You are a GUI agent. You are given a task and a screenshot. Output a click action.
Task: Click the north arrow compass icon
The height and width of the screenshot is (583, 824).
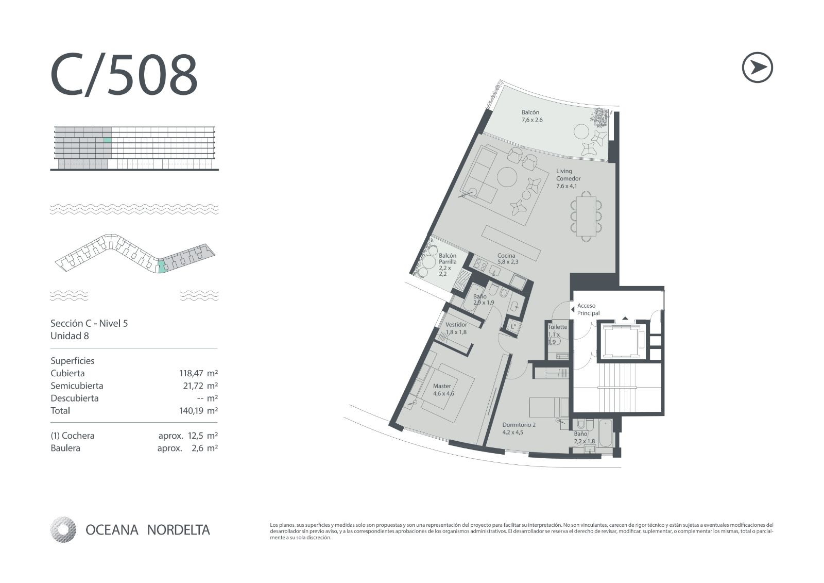758,68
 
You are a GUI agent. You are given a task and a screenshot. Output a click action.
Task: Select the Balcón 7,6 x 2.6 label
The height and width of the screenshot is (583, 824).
532,116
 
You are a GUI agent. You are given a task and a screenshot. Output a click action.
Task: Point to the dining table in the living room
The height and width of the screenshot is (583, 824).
586,216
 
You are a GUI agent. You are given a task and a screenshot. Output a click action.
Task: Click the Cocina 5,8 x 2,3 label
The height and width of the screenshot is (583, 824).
508,259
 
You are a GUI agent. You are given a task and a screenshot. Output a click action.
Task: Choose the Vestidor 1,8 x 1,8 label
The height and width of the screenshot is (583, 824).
456,328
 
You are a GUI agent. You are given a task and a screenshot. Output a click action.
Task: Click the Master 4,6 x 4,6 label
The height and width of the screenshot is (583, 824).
443,389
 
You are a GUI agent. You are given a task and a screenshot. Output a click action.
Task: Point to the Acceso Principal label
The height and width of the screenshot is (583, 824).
588,309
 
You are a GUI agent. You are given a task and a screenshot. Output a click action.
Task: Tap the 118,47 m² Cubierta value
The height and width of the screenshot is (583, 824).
198,373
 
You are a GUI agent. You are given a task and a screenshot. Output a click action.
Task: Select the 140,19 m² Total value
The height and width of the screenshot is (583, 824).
198,411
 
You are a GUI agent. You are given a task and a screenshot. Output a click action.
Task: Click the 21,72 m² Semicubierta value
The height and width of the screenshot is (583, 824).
200,386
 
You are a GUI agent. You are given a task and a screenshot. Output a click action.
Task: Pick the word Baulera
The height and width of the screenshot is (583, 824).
65,448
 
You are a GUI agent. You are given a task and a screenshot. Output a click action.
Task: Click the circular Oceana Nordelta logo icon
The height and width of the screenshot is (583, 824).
63,529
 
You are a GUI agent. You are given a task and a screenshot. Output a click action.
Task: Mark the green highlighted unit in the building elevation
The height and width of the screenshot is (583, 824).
107,140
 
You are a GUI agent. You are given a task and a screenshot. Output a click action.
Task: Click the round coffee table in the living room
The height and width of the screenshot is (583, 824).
508,177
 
